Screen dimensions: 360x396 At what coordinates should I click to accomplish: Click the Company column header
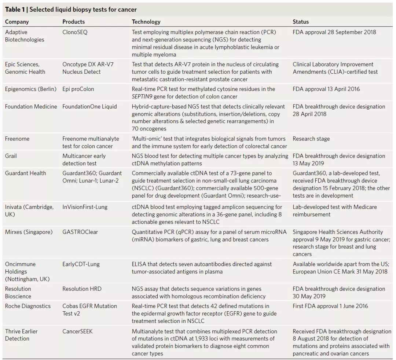click(x=16, y=22)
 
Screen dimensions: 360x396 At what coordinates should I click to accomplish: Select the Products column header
click(x=73, y=22)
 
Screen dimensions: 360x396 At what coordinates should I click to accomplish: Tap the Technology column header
click(x=146, y=22)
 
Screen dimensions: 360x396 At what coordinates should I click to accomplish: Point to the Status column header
click(x=301, y=22)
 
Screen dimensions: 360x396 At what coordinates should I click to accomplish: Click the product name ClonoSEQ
click(x=75, y=32)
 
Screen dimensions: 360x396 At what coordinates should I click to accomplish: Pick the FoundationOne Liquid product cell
click(x=89, y=107)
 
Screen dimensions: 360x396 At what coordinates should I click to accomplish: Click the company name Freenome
click(x=17, y=139)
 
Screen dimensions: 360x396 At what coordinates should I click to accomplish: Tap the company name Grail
click(x=11, y=156)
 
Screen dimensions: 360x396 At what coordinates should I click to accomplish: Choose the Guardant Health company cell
click(x=25, y=173)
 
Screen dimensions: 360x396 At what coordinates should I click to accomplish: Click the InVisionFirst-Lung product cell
click(x=85, y=207)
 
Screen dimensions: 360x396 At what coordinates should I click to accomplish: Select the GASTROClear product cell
click(x=80, y=232)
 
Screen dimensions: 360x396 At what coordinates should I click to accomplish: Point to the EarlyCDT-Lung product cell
click(x=81, y=264)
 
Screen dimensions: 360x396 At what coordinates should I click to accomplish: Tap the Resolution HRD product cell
click(x=82, y=289)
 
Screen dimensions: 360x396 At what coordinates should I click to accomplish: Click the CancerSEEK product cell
click(x=77, y=331)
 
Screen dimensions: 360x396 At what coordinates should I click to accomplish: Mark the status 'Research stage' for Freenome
click(x=311, y=139)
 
